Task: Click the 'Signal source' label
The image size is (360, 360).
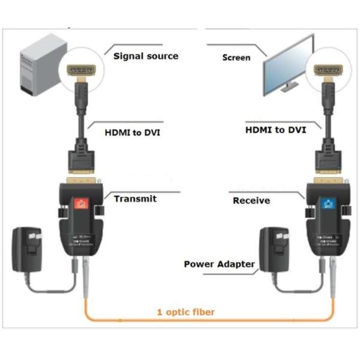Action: pyautogui.click(x=146, y=56)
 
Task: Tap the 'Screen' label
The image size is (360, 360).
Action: pyautogui.click(x=236, y=58)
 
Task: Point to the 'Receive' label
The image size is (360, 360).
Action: pyautogui.click(x=251, y=200)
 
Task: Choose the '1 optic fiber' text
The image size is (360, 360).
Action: pyautogui.click(x=185, y=312)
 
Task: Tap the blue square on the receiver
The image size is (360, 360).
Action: pyautogui.click(x=327, y=205)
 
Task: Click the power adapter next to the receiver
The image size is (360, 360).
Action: pyautogui.click(x=275, y=252)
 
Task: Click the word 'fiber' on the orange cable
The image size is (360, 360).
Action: pyautogui.click(x=203, y=312)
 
